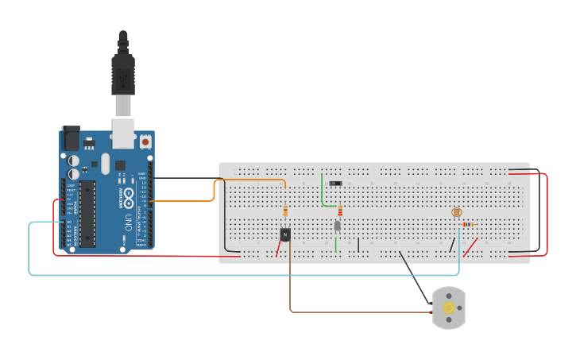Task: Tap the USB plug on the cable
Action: coord(123,75)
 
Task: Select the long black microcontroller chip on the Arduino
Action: coord(87,213)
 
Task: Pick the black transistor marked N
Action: coord(285,234)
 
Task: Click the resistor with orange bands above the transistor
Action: coord(285,211)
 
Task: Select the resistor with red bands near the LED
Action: coord(340,211)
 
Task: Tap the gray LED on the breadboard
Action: coord(338,226)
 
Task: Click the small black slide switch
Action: coord(335,184)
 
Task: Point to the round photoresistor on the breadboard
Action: coord(456,212)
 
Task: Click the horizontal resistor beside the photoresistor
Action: coord(468,224)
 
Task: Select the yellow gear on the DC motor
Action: coord(449,308)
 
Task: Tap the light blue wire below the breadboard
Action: coord(238,275)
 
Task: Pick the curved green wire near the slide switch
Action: coord(323,195)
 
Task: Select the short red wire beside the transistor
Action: coord(278,249)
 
